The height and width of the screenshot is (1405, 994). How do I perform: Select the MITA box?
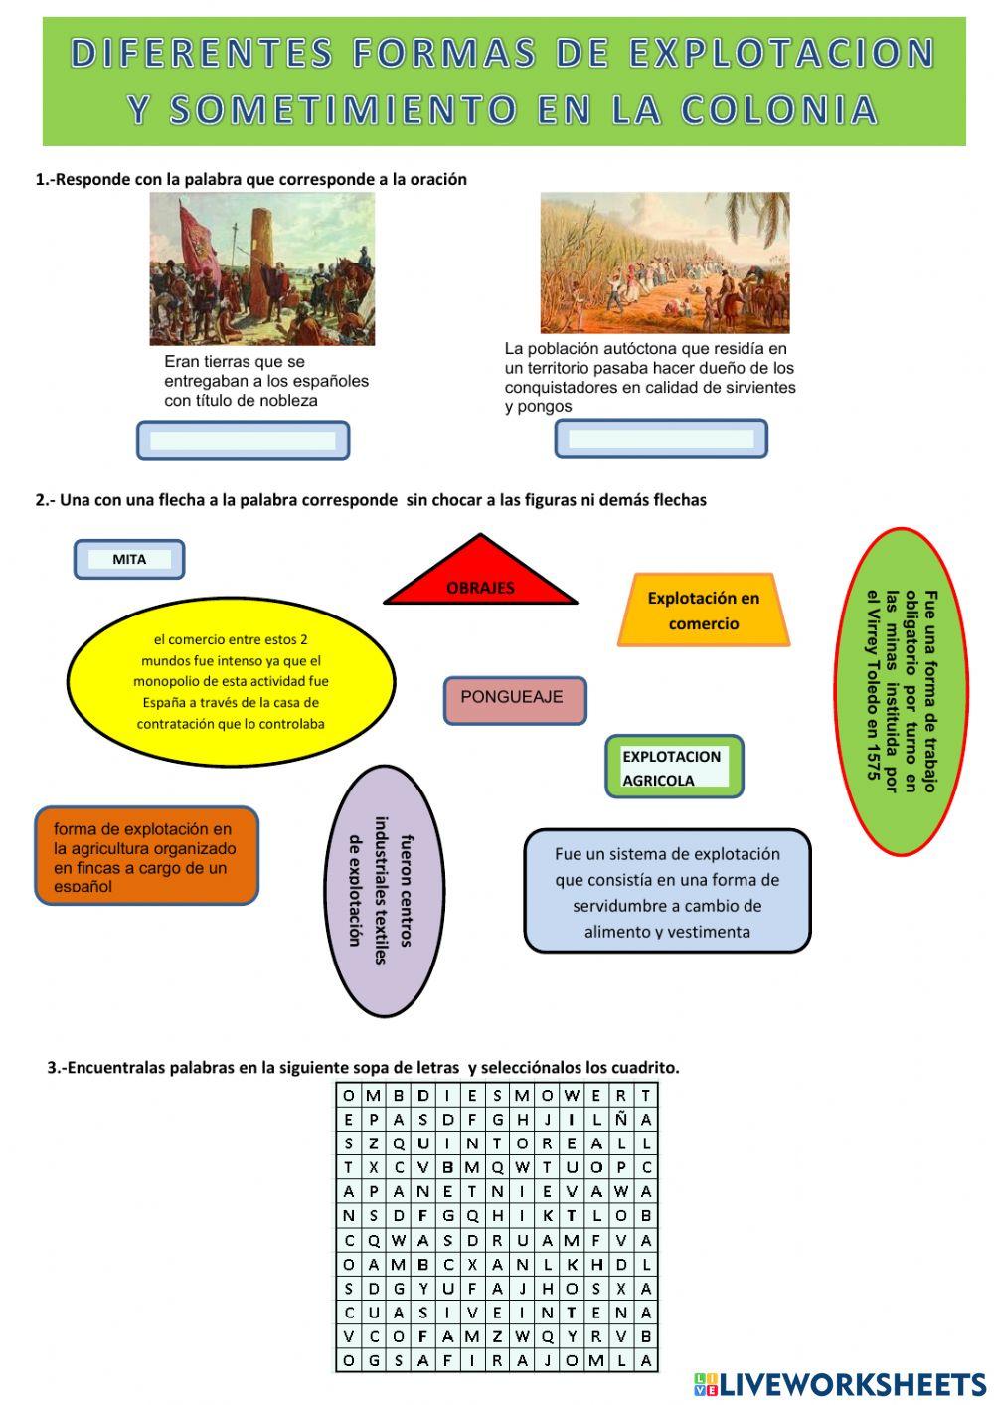coord(129,559)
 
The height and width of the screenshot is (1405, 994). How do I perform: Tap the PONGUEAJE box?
coord(514,699)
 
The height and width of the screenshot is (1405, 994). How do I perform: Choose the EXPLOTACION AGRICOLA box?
coord(674,767)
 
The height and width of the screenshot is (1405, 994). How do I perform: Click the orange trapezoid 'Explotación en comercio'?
coord(704,611)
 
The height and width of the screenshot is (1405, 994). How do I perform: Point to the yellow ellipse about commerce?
coord(231,682)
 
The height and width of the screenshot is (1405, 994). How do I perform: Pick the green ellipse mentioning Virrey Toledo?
coord(902,691)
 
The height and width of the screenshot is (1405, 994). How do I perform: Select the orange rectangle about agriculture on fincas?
coord(146,856)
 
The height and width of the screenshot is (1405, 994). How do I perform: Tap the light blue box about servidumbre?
coord(667,891)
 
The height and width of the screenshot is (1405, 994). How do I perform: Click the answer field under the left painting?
coord(243,440)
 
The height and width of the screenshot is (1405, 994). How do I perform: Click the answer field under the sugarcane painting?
coord(661,439)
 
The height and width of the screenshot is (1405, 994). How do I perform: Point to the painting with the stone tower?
coord(262,268)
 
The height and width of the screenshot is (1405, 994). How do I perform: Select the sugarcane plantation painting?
coord(664,263)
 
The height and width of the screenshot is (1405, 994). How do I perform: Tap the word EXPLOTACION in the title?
coord(781,52)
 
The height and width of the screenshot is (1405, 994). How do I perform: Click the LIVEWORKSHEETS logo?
coord(840,1383)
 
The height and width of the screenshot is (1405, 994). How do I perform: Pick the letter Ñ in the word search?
coord(621,1119)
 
